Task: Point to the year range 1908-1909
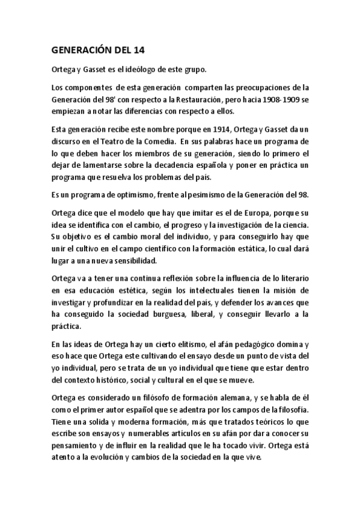pyautogui.click(x=283, y=100)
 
